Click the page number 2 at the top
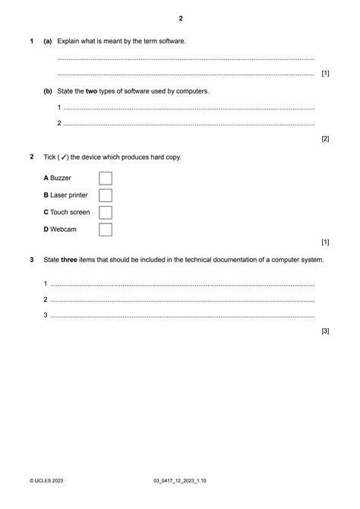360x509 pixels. pos(180,18)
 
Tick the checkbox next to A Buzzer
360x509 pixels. pos(106,178)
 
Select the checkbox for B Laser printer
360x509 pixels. pos(106,195)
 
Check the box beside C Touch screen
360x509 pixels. pos(106,212)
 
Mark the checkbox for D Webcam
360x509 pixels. pos(106,229)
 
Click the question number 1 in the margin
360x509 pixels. pos(31,40)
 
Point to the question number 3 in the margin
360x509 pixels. pos(31,260)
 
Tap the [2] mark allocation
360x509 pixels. pos(325,139)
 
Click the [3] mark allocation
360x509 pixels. pos(325,331)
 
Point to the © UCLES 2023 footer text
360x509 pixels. pos(49,482)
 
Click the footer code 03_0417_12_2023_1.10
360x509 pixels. pos(180,482)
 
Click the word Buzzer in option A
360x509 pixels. pos(61,178)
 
